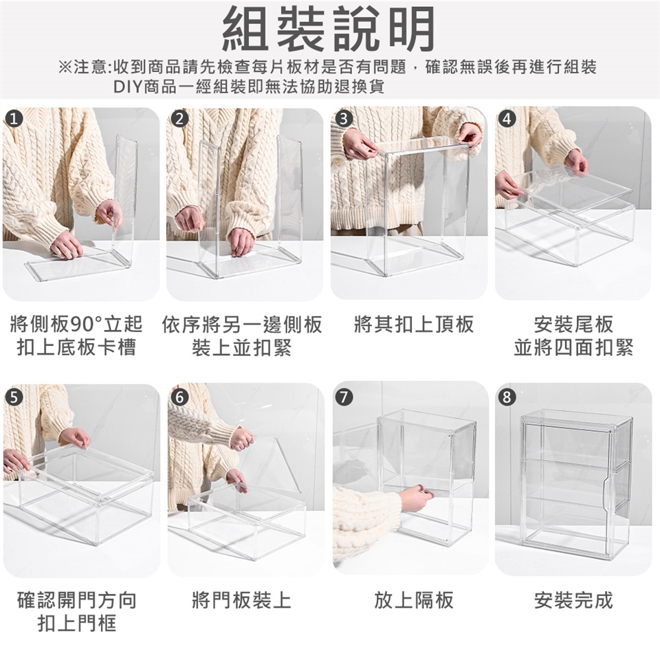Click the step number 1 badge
tap(14, 119)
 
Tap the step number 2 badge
tap(179, 119)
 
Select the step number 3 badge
tap(344, 119)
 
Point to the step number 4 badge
tap(507, 119)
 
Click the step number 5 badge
tap(14, 397)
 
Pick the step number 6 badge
tap(179, 397)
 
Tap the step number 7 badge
tap(344, 397)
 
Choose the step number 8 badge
tap(507, 397)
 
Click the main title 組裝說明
tap(329, 29)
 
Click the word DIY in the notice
tap(129, 87)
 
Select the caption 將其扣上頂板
tap(414, 324)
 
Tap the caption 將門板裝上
tap(241, 599)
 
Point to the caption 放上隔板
tap(414, 599)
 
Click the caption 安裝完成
tap(573, 599)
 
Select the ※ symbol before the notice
tap(66, 67)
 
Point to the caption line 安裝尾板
tap(573, 324)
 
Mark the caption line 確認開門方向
tap(77, 599)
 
